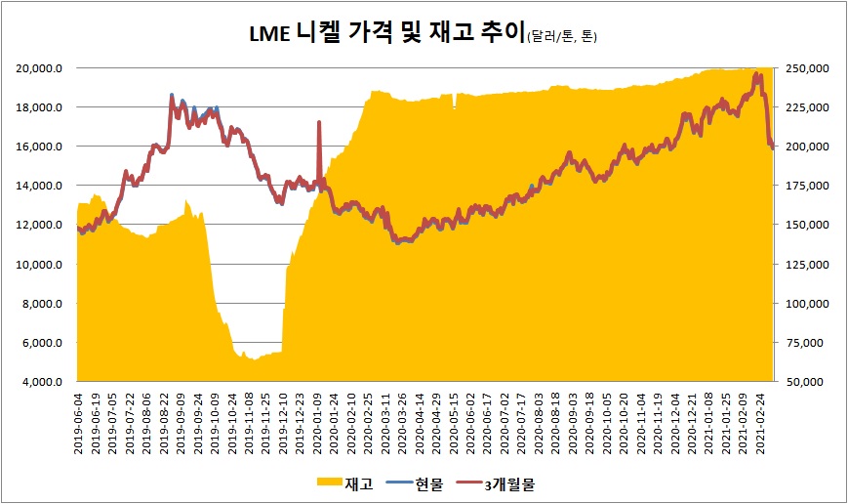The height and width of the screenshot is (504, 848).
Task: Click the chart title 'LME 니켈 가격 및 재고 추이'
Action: pos(386,35)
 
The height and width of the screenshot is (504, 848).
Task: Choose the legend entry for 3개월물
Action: pos(510,482)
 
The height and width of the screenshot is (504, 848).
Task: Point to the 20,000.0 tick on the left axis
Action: pos(41,68)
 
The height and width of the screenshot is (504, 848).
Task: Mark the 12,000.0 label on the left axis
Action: pos(41,225)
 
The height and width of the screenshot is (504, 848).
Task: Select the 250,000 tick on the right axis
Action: pos(809,68)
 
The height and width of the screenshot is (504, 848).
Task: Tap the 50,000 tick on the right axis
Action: pos(812,382)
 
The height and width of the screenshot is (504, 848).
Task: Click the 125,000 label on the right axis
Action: pos(809,265)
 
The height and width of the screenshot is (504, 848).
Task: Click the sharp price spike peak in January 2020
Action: pos(318,122)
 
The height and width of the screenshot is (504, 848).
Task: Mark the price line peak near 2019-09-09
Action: pos(172,95)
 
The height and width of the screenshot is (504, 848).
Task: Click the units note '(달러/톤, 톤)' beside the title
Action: pos(561,38)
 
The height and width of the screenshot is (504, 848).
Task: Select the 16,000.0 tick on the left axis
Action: pos(41,147)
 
